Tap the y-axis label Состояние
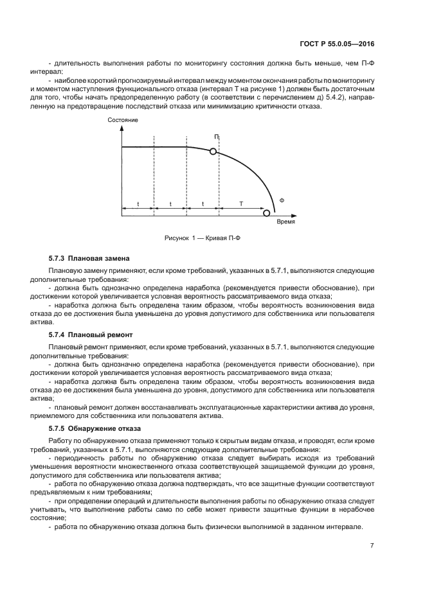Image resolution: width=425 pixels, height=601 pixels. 123,120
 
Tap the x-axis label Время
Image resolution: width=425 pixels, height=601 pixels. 285,221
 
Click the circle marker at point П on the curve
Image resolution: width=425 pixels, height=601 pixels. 213,151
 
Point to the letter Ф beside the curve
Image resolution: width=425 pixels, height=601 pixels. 281,200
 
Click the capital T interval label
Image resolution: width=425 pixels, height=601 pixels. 241,204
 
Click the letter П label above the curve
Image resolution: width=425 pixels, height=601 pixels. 217,137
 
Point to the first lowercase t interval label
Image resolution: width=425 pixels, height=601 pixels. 137,204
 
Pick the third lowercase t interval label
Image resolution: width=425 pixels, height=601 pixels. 202,204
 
